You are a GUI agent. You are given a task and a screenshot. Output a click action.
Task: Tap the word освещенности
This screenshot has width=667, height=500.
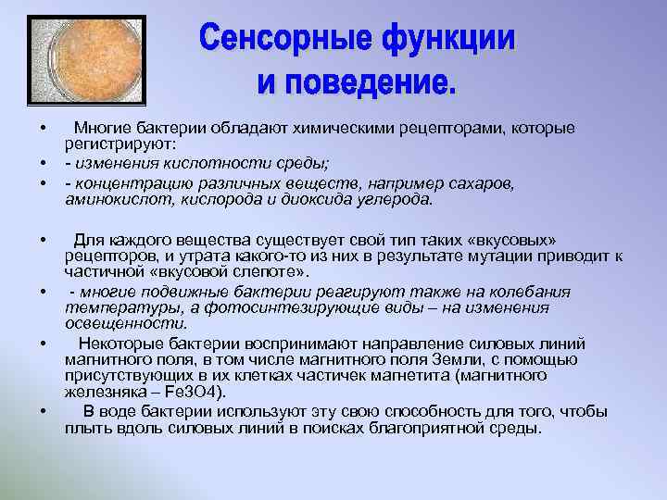coord(125,324)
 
